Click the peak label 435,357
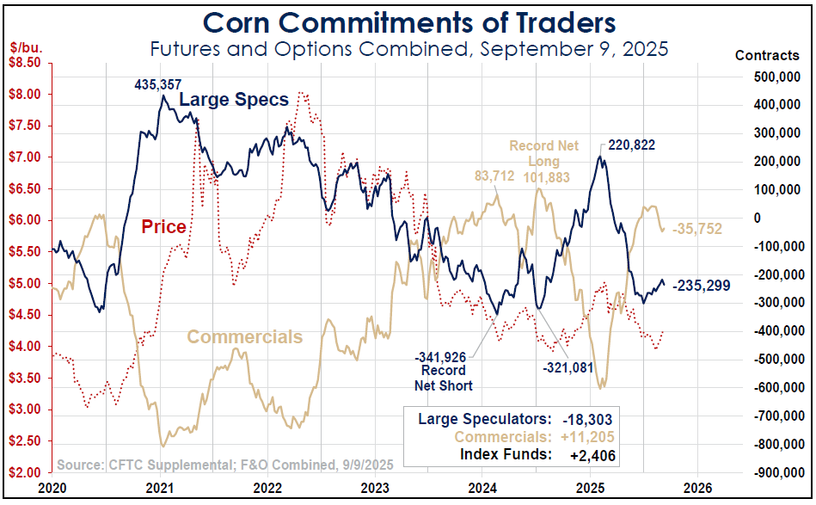157,84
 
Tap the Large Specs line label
233,101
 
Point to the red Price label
163,227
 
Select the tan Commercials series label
244,336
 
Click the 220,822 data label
631,145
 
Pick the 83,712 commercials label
494,176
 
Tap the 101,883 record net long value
543,177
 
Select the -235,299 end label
702,286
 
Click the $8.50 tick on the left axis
25,63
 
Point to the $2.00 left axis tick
25,472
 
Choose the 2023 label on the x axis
375,487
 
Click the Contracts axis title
767,55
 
